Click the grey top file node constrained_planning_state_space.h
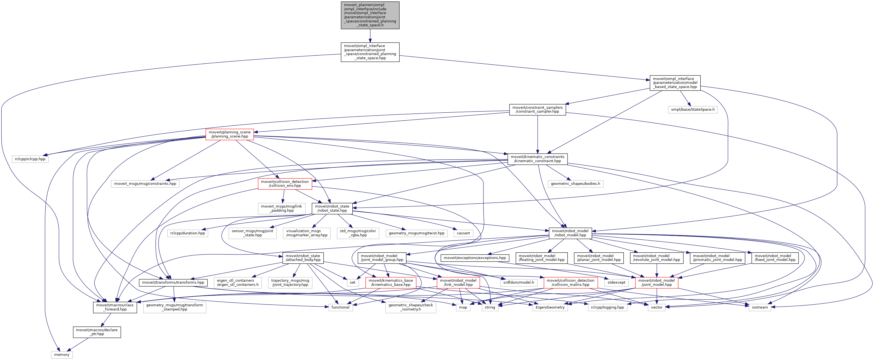click(370, 15)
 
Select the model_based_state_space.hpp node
click(675, 83)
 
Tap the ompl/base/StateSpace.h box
click(693, 110)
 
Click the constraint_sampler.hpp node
click(537, 110)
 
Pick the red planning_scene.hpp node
click(230, 134)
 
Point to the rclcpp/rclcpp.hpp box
click(30, 159)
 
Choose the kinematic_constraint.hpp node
click(537, 159)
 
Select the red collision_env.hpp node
click(285, 184)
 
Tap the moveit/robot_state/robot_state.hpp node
click(332, 208)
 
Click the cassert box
click(463, 233)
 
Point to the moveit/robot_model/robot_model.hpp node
click(570, 233)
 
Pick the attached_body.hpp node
click(303, 258)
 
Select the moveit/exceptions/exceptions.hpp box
click(475, 258)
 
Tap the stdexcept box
click(616, 283)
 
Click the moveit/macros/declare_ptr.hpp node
click(97, 332)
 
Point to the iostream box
click(760, 307)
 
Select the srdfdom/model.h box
click(518, 283)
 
